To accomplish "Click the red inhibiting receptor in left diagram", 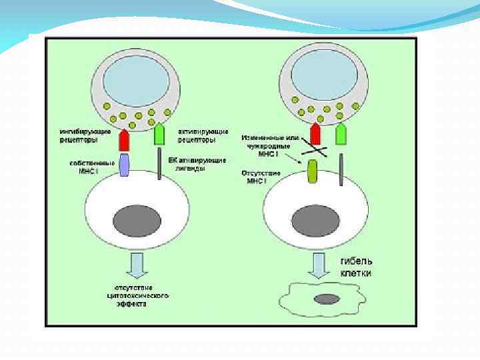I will pos(123,139).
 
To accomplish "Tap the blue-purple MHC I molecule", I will pos(123,165).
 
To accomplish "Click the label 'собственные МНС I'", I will pos(85,166).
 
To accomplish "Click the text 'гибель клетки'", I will pos(356,267).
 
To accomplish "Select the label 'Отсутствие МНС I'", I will pos(263,177).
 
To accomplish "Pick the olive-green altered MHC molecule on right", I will pos(312,171).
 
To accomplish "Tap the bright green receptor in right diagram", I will pos(341,134).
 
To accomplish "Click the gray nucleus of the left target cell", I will pos(137,221).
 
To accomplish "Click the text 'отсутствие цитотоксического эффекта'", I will pos(137,294).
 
